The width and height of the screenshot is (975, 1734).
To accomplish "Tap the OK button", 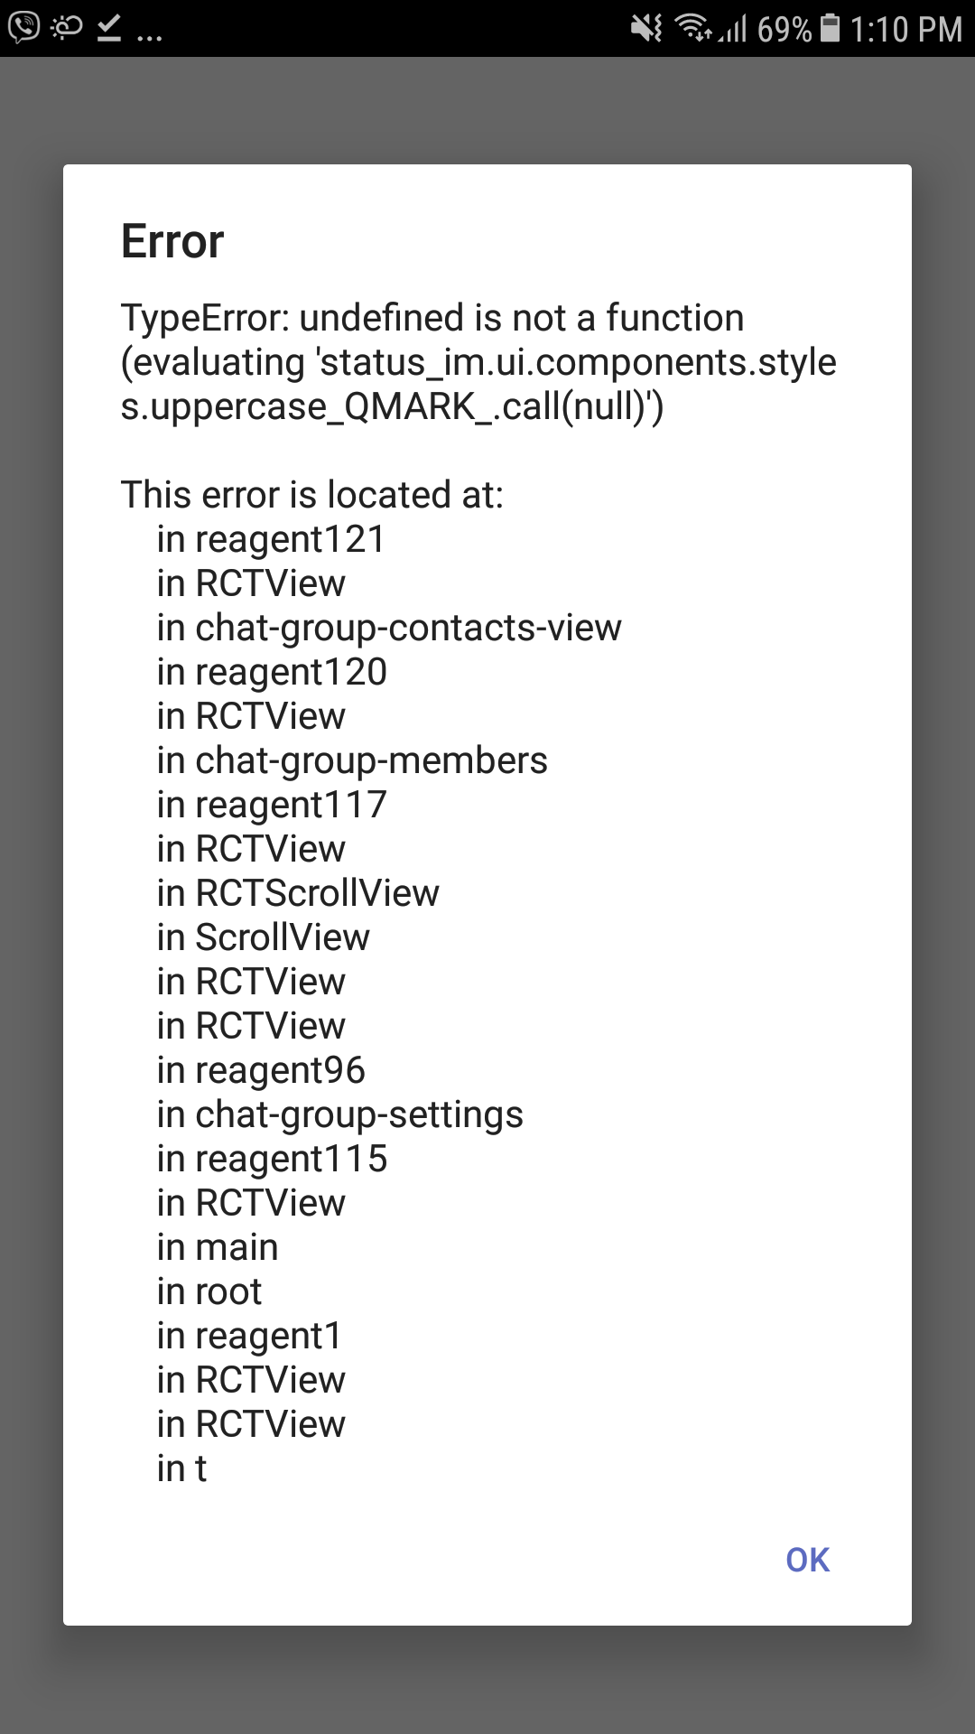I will coord(807,1560).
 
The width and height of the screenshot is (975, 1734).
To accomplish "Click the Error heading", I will coord(172,242).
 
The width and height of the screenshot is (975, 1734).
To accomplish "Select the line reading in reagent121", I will coord(271,539).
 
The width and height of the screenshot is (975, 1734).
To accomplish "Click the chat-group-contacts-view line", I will coord(389,628).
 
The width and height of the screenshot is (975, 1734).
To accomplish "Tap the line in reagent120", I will coord(272,672).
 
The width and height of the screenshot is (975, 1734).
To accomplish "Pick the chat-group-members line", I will coord(352,760).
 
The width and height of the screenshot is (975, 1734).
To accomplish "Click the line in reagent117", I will coord(272,805).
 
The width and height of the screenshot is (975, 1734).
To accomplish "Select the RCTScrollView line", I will coord(298,893).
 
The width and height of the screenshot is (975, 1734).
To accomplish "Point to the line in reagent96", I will coord(261,1070).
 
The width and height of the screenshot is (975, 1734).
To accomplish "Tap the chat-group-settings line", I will coord(340,1114).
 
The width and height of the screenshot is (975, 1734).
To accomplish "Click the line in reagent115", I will coord(272,1159).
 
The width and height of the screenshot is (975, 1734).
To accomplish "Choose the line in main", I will coord(218,1247).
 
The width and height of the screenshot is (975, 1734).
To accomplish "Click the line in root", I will coord(209,1291).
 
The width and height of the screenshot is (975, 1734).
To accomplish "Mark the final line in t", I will coord(181,1468).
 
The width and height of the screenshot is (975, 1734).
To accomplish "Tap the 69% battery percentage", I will coord(784,30).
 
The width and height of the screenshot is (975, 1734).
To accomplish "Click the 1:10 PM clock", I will coord(905,30).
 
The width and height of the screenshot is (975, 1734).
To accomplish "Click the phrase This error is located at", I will coord(312,495).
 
